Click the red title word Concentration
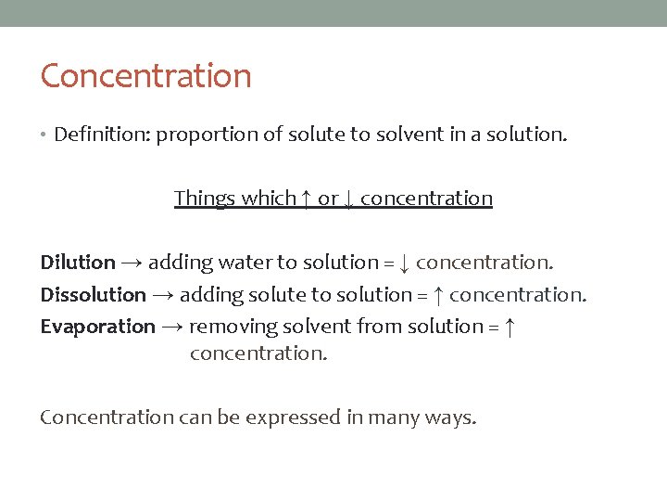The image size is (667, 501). [145, 76]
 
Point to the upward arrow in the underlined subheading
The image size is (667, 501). [306, 199]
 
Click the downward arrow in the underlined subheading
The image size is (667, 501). [348, 199]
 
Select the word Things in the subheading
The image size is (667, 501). [205, 199]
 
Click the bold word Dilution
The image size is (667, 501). [78, 263]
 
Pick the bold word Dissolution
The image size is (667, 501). [93, 295]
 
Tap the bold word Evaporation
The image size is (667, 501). [97, 327]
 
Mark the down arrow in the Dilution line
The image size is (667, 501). [403, 263]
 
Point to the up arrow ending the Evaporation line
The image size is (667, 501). [509, 327]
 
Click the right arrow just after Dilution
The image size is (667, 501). [132, 263]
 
